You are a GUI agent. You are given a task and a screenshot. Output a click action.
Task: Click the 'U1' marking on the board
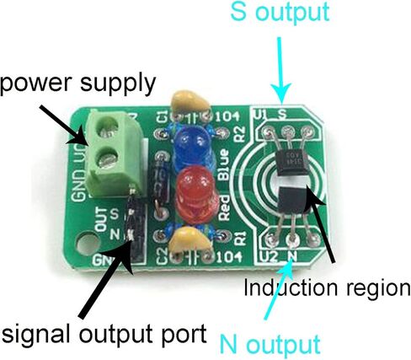pos(259,110)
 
